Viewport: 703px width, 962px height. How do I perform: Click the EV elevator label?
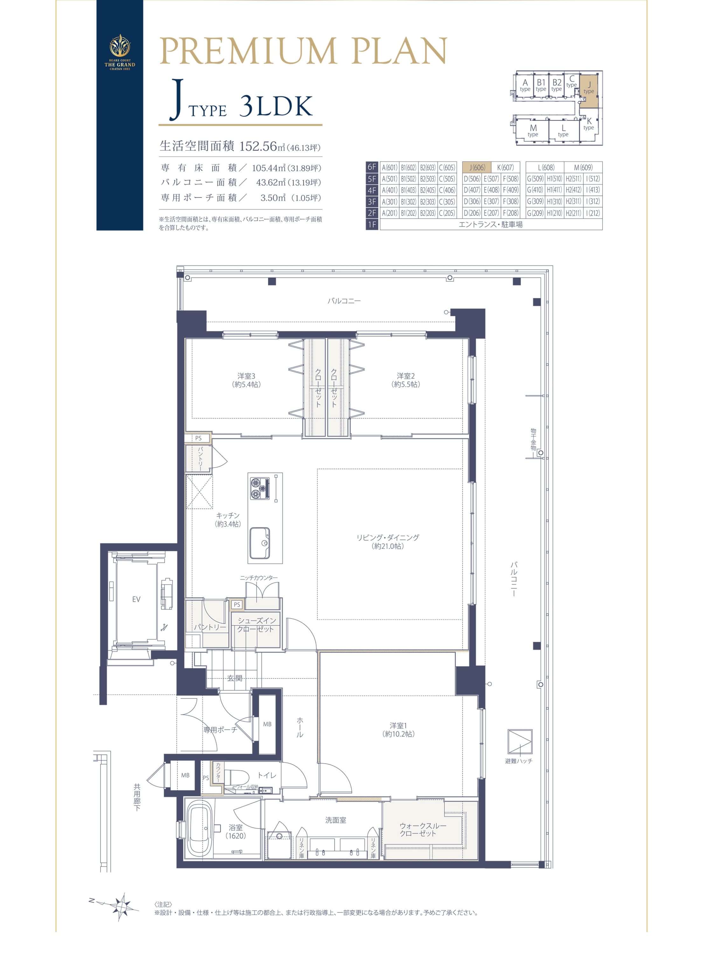coord(136,599)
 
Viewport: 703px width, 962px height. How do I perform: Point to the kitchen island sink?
coord(260,543)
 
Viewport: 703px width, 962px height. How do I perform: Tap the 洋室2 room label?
coord(406,380)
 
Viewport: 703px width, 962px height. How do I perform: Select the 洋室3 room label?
coord(247,380)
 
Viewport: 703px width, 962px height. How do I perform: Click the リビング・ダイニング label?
coord(388,542)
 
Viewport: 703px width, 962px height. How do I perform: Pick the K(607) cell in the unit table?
coord(505,168)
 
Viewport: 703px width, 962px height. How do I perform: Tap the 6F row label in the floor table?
coord(372,168)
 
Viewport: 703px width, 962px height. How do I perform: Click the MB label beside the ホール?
coord(267,724)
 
